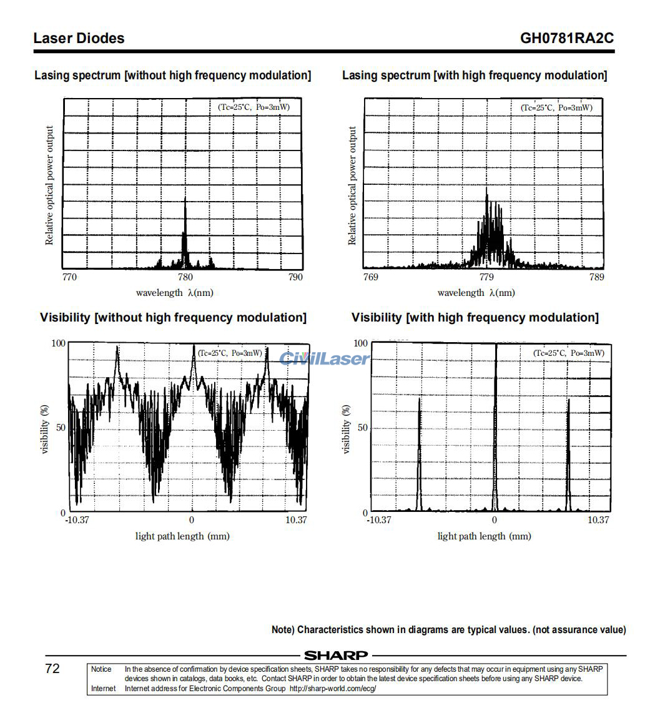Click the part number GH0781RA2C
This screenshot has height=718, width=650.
tap(566, 38)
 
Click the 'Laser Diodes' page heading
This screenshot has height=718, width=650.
tap(79, 38)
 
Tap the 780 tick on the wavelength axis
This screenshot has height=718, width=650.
tap(185, 277)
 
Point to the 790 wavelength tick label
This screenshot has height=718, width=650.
tap(295, 277)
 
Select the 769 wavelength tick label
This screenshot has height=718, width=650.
tap(370, 277)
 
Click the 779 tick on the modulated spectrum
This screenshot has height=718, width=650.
tap(486, 277)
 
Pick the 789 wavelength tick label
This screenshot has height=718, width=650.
tap(596, 277)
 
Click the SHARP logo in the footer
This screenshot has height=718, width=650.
tap(335, 656)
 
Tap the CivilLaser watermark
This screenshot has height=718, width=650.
tap(324, 358)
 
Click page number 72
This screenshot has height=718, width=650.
tap(52, 669)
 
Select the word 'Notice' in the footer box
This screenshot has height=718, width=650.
tap(101, 669)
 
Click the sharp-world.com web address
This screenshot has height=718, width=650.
tap(333, 689)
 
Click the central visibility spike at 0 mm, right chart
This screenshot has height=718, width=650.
tap(495, 425)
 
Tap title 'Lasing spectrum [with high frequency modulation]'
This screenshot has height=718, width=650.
tap(474, 76)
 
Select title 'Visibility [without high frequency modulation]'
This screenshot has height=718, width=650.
tap(173, 317)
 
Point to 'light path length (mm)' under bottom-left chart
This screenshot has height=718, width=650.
tap(182, 536)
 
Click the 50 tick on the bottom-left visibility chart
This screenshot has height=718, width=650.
tap(60, 428)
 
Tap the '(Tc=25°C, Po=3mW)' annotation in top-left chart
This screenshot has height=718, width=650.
tap(254, 107)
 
